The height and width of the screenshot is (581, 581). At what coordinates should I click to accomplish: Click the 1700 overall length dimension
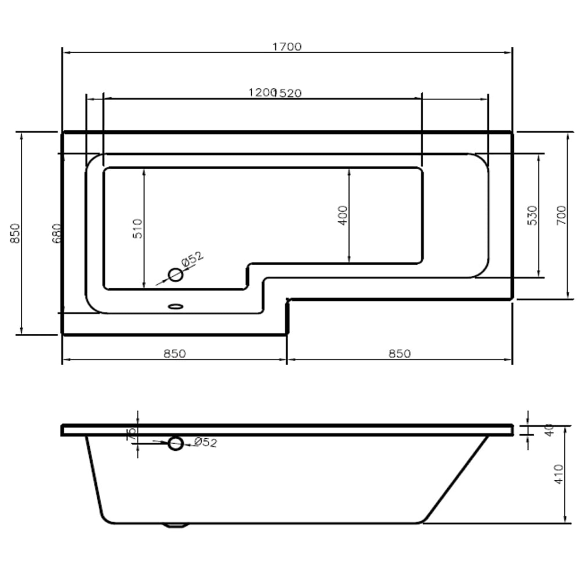[x=287, y=46]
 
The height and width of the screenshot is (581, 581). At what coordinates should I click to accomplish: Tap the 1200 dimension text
[x=261, y=93]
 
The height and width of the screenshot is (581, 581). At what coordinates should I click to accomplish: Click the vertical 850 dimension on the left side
[x=16, y=233]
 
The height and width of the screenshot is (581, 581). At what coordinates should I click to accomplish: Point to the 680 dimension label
[x=57, y=233]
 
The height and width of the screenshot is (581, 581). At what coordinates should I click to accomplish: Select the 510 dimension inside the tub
[x=138, y=228]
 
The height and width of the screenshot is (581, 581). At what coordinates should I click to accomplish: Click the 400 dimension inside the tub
[x=343, y=215]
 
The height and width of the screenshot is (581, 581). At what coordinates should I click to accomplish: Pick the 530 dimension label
[x=532, y=215]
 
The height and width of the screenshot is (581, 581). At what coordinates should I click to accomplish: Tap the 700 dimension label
[x=561, y=215]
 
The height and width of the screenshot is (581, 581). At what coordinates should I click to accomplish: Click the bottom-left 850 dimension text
[x=174, y=353]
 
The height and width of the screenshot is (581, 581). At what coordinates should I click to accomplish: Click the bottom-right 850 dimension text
[x=399, y=353]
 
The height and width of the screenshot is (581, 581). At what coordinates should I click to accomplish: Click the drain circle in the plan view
[x=176, y=275]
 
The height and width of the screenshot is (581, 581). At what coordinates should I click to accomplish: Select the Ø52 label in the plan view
[x=192, y=259]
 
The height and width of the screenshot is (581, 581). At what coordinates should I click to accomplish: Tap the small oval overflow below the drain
[x=176, y=306]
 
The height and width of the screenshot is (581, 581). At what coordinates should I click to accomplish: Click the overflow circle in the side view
[x=176, y=443]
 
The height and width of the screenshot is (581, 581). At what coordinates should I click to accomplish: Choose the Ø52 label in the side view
[x=206, y=442]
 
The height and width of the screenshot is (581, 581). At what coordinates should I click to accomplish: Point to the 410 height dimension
[x=559, y=474]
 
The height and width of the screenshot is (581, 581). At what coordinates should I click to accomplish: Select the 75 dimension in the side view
[x=132, y=434]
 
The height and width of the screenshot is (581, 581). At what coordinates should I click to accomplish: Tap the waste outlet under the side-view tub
[x=176, y=525]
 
